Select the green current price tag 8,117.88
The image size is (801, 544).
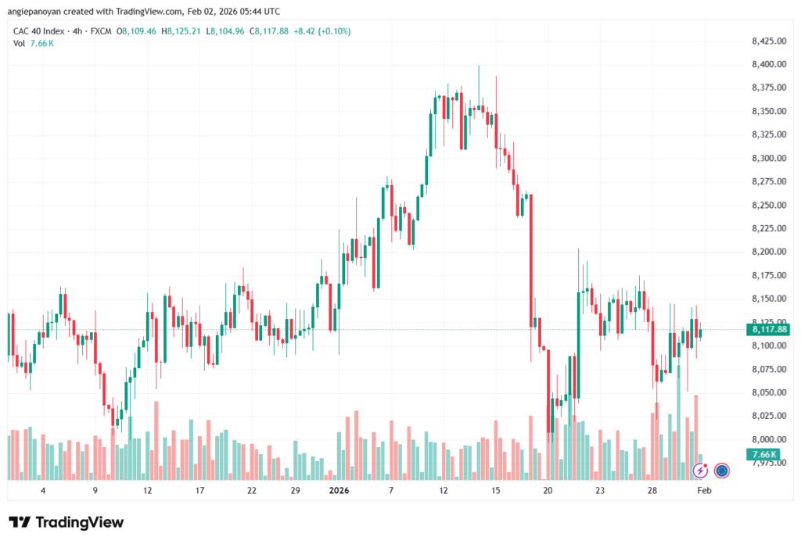[x=769, y=330]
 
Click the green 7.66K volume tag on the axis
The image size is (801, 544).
[x=763, y=454]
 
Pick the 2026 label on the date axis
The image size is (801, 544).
[x=339, y=491]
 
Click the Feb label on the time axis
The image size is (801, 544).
[x=704, y=491]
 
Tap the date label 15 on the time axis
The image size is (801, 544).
[x=495, y=491]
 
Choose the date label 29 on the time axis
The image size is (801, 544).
[x=295, y=491]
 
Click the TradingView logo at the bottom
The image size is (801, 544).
[x=66, y=522]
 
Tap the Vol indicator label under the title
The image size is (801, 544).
[x=19, y=43]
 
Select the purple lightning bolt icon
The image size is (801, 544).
[x=701, y=471]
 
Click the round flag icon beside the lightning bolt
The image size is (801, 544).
[x=721, y=471]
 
